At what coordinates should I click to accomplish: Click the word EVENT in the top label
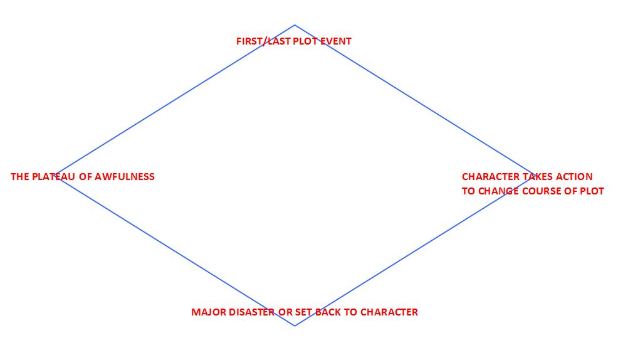point(336,41)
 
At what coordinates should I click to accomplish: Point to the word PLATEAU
point(53,177)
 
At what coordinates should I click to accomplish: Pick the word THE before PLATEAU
point(19,177)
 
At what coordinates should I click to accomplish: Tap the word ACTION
point(574,177)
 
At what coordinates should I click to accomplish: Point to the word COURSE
point(544,191)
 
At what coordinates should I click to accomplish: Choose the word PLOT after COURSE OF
point(592,191)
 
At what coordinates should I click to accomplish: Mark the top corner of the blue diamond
point(295,25)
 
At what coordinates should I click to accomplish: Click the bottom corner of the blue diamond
point(295,326)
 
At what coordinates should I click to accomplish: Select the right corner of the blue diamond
point(534,174)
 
